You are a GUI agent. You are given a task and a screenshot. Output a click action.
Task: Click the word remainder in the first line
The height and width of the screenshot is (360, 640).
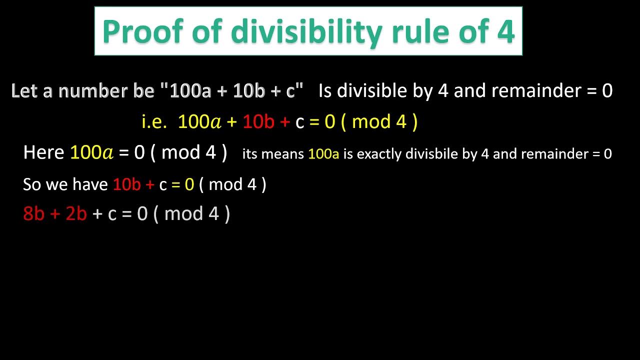536,91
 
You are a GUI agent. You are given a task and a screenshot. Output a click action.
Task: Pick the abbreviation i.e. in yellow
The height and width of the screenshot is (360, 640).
154,122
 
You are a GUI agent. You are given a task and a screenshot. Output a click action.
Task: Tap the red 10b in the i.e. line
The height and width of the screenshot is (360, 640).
258,122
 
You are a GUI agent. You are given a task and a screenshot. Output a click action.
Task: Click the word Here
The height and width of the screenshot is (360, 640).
43,152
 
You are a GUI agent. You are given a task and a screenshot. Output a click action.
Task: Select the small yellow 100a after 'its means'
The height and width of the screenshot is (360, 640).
323,154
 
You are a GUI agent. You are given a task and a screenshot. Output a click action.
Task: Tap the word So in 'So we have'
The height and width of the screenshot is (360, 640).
31,184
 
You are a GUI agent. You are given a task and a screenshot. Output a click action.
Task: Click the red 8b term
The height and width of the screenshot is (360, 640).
33,214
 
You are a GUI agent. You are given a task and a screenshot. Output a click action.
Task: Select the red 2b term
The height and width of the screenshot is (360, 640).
76,214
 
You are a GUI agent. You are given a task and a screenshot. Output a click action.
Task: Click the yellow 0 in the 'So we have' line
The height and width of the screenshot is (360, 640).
189,184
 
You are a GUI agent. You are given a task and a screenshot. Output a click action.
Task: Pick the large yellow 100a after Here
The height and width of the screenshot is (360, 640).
92,152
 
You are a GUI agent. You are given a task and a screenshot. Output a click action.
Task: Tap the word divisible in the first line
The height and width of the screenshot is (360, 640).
364,91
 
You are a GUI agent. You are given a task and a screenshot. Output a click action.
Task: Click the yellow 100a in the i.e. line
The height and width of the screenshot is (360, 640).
199,122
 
